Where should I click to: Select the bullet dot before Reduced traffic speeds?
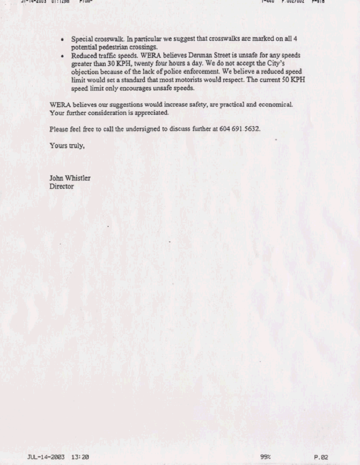pos(63,56)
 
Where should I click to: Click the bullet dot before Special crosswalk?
pos(63,40)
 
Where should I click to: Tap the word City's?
pos(289,64)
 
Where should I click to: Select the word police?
pos(171,72)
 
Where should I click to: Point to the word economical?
pos(276,104)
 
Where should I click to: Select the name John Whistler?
pos(70,178)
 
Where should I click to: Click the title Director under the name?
pos(62,186)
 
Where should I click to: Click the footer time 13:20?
pos(80,457)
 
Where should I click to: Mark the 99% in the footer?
pos(265,457)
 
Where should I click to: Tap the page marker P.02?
pos(321,457)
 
